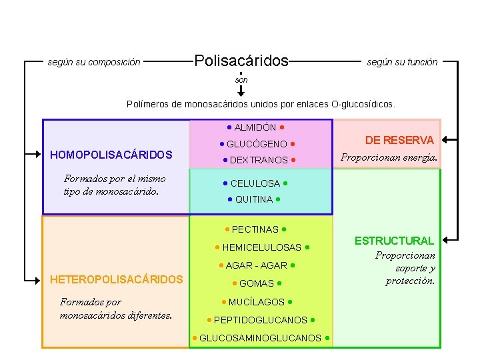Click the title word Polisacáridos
241,61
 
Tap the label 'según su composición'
94,62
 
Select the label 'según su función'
402,62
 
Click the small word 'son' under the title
241,80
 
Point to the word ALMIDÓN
255,127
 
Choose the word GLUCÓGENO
257,144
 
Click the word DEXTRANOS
259,160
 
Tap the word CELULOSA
255,183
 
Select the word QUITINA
254,199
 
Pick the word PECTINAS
255,229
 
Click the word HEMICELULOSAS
262,247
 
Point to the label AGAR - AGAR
257,265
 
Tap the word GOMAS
257,283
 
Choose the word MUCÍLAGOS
257,302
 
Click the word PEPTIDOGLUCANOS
261,320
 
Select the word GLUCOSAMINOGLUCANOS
260,338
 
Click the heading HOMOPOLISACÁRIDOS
111,155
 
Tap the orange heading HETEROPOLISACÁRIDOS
117,279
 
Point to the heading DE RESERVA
399,140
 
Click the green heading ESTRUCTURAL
394,241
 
